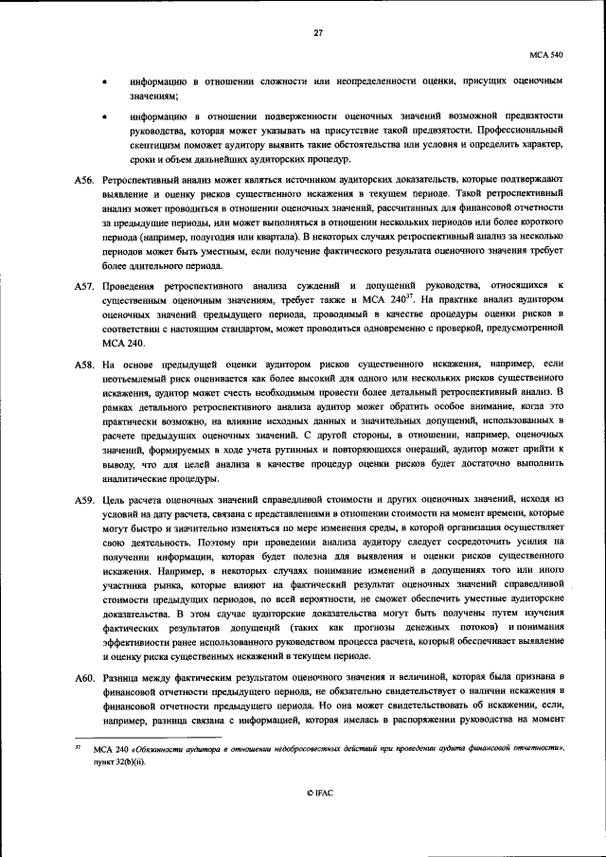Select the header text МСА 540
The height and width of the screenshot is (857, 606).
(546, 57)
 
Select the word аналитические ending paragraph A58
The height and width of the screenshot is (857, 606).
(134, 478)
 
